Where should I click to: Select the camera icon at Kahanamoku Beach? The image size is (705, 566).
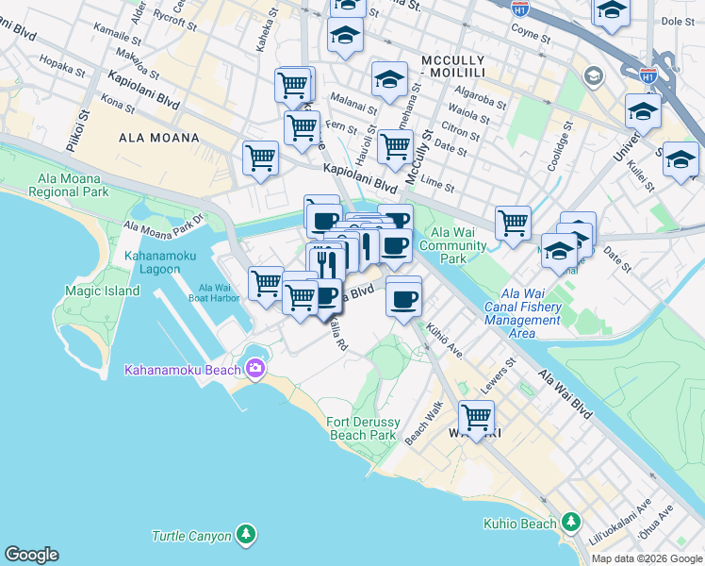(x=254, y=367)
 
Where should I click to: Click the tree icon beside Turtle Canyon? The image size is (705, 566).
(x=245, y=535)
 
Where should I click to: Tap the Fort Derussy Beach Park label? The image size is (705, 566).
(x=362, y=428)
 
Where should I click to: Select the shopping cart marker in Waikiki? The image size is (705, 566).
(x=477, y=417)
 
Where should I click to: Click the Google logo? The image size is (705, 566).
(x=31, y=555)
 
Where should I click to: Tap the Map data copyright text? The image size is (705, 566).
(x=647, y=558)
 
